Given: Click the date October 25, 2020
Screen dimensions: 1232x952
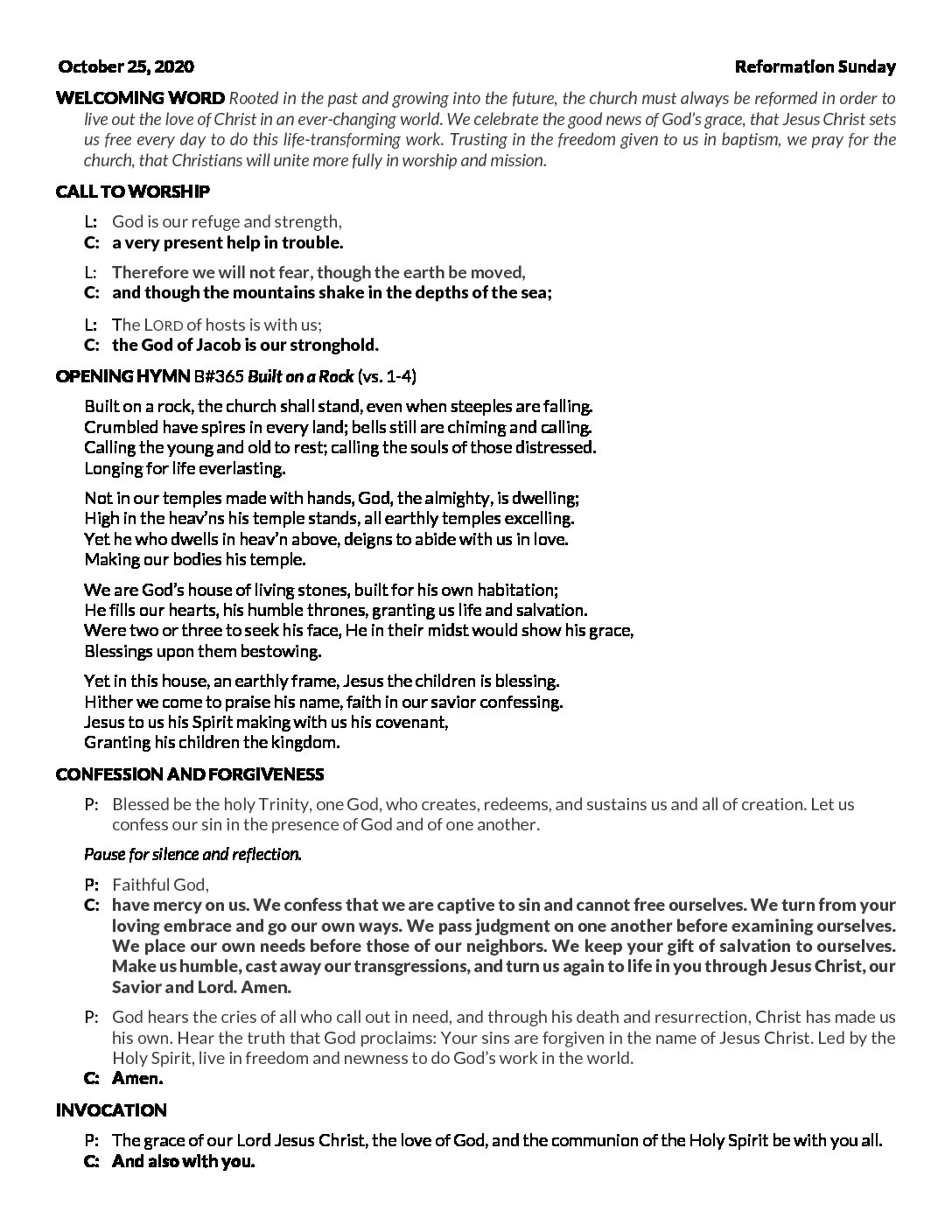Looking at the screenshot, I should [x=126, y=66].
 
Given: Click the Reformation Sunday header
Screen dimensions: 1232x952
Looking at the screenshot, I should [x=815, y=66].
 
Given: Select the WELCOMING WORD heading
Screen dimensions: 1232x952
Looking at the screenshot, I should [x=140, y=97].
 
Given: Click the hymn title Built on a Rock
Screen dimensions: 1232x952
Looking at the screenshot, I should [x=301, y=377].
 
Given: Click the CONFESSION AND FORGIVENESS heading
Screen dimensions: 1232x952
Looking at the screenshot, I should [x=189, y=774].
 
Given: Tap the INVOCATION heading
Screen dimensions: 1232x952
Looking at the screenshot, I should [x=111, y=1110].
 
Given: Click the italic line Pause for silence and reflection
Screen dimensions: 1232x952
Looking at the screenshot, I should [x=192, y=853].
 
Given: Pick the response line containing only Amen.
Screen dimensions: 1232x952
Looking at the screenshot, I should [x=137, y=1079].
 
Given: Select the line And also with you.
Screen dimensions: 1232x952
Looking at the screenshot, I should [x=183, y=1162].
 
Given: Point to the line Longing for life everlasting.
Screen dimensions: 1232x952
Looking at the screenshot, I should [x=185, y=468].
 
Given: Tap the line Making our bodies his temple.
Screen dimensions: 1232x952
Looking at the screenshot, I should [x=194, y=559].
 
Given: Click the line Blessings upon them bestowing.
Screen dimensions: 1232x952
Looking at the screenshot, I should [x=202, y=651].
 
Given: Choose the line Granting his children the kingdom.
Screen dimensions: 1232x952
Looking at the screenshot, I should [x=212, y=743].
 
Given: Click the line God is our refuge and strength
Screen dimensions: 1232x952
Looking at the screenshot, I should [x=227, y=222].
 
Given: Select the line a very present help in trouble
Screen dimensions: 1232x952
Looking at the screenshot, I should [x=227, y=242].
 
